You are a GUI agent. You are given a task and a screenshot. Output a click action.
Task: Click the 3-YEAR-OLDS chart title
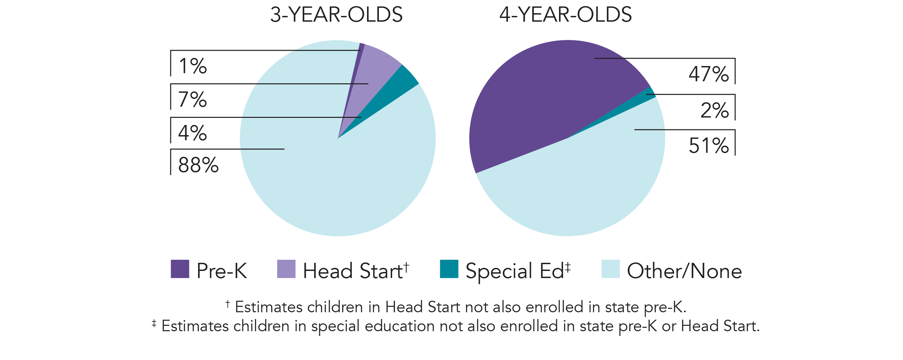tap(336, 15)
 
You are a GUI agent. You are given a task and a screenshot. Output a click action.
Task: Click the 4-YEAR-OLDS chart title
tap(565, 15)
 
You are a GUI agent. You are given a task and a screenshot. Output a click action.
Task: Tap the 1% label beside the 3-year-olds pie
tap(193, 66)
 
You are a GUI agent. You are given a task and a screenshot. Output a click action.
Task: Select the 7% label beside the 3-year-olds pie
tap(192, 99)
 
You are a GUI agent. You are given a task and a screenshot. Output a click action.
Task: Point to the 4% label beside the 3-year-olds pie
tap(192, 133)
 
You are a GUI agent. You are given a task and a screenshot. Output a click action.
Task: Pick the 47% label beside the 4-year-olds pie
tap(708, 74)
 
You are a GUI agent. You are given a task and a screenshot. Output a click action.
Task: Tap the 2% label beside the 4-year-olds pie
tap(714, 110)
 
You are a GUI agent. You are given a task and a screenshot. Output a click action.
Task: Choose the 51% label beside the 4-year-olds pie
tap(708, 146)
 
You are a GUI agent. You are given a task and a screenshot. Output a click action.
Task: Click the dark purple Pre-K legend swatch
tap(180, 269)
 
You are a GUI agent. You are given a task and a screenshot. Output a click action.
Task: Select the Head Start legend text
tap(352, 271)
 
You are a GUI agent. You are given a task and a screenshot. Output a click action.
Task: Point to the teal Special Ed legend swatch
tap(449, 269)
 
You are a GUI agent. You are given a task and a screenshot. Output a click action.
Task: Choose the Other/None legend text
tap(684, 271)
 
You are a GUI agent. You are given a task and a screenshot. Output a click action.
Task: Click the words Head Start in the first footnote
tap(422, 308)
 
